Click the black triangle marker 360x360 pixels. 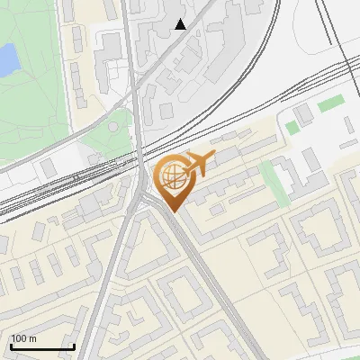tap(181, 24)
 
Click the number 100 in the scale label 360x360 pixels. tap(19, 338)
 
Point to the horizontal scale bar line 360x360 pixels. tap(42, 347)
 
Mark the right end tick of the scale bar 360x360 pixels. tap(74, 345)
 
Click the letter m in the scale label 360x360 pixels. tap(32, 338)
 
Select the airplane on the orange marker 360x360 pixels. tap(197, 164)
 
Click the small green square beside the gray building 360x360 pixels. tap(292, 128)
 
